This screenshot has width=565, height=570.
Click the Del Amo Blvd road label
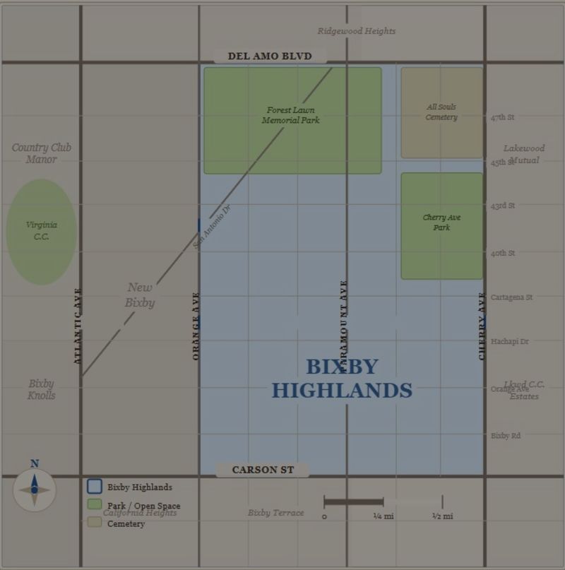(269, 57)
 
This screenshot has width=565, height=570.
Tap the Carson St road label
(263, 470)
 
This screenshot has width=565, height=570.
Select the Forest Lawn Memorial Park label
(291, 115)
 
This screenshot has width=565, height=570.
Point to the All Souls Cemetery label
(441, 112)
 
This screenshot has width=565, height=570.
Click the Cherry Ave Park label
(441, 222)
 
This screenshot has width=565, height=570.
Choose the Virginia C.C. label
(42, 231)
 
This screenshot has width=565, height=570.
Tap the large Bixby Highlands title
(342, 379)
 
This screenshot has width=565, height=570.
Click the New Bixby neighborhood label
(140, 295)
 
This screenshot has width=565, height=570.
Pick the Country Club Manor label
(41, 153)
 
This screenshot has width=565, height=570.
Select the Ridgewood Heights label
(357, 31)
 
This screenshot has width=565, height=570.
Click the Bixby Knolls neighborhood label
(42, 389)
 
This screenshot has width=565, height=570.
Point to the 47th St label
(503, 117)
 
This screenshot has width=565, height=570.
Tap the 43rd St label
(503, 206)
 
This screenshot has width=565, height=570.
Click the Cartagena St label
(512, 297)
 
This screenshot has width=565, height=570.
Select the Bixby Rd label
(506, 436)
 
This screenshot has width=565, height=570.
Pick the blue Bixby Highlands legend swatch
(95, 487)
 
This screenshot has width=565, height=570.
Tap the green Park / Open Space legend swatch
(95, 505)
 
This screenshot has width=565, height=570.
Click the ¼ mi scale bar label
(383, 516)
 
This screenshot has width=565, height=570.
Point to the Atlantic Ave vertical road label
(78, 326)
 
